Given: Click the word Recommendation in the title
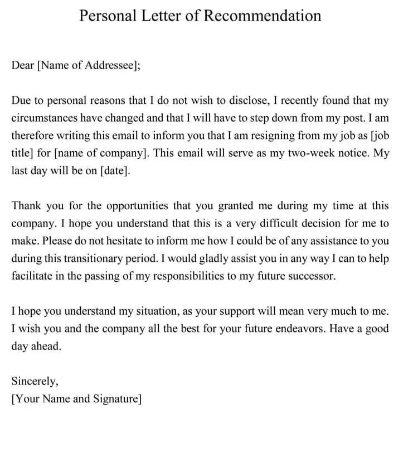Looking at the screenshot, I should tap(261, 15).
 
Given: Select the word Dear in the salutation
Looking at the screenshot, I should tap(23, 65).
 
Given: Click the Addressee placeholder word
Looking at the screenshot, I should tap(110, 65).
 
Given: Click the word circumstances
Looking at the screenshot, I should tap(44, 118).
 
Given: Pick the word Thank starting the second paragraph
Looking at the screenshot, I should tap(26, 206).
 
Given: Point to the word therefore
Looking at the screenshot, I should tap(33, 136).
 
